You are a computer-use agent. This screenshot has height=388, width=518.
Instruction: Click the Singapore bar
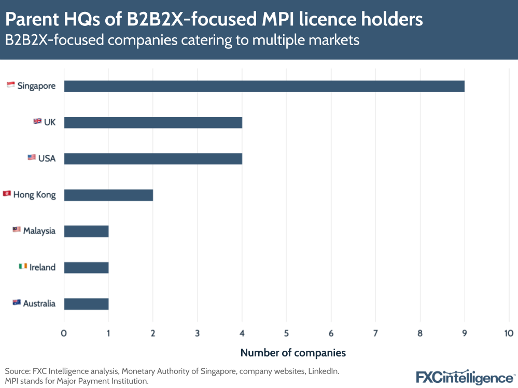click(264, 86)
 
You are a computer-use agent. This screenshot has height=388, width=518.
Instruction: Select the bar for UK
click(153, 122)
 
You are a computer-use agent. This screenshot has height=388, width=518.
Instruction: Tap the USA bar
click(153, 159)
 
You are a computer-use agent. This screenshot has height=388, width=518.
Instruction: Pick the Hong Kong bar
click(108, 195)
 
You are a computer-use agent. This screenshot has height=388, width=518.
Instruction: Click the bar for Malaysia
click(86, 231)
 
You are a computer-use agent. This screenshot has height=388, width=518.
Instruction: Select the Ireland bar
click(86, 267)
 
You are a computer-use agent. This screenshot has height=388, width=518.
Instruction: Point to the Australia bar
click(86, 304)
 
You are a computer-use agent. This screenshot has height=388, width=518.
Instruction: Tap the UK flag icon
click(37, 121)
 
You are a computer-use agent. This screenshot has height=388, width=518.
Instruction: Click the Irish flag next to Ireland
click(23, 266)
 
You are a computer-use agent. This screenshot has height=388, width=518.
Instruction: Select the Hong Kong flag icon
click(6, 194)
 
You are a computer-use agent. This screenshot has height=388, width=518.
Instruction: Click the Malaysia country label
click(39, 231)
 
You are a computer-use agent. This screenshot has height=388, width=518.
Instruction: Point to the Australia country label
click(39, 304)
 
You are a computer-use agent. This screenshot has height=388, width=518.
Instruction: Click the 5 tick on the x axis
click(286, 333)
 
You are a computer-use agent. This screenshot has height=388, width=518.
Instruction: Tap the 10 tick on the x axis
click(508, 333)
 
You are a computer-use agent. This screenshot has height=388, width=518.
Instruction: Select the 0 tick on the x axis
click(64, 333)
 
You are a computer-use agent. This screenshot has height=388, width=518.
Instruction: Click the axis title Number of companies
click(293, 353)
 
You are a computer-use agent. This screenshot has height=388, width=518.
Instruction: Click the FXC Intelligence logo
click(464, 377)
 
